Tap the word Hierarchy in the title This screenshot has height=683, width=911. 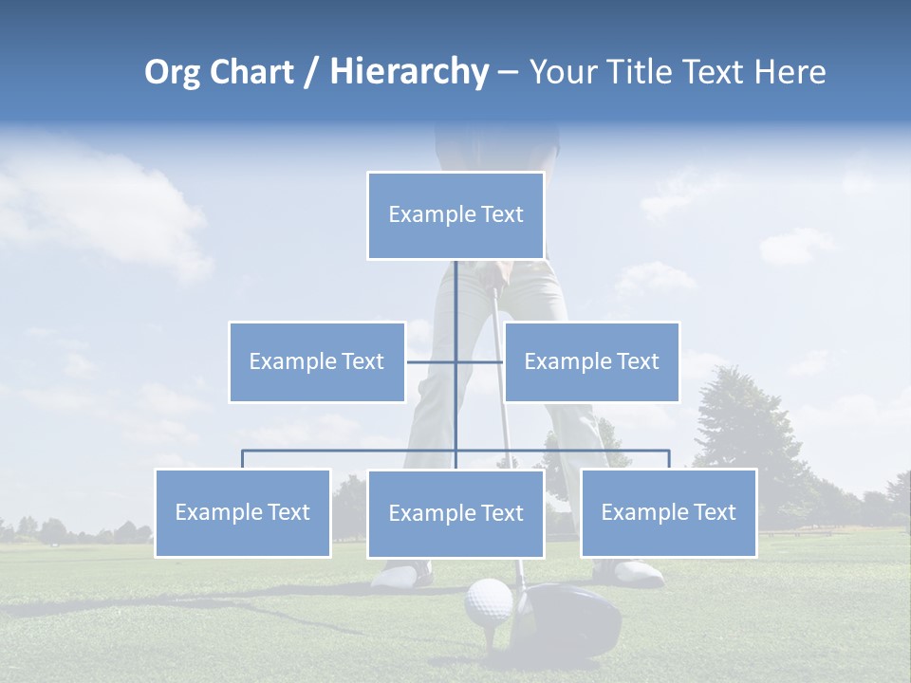(x=409, y=72)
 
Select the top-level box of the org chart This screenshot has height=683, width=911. (x=455, y=215)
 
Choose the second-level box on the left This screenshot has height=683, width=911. (x=316, y=361)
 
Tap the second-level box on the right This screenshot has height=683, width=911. (x=591, y=361)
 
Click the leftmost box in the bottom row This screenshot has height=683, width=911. (x=242, y=513)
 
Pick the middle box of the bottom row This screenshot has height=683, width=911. (x=455, y=514)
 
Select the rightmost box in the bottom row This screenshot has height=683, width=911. (x=668, y=513)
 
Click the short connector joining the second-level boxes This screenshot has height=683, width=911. (x=479, y=361)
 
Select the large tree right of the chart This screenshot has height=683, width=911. (x=740, y=417)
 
